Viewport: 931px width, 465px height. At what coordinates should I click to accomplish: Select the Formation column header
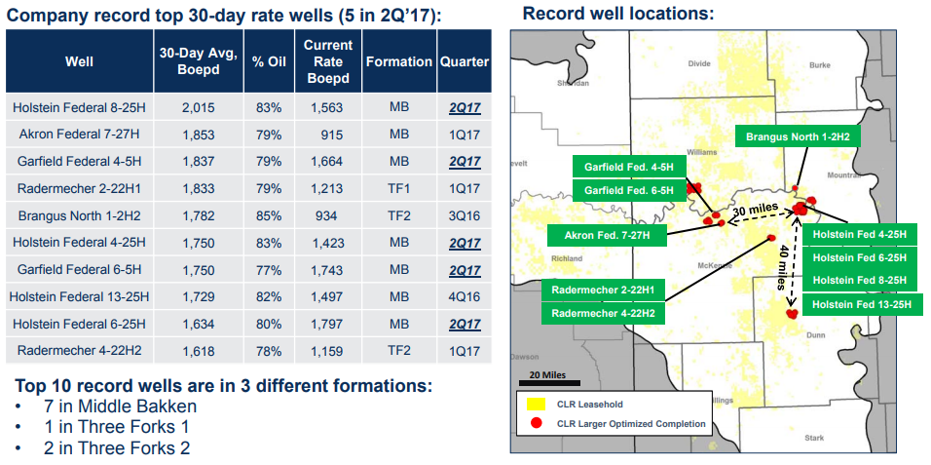click(398, 61)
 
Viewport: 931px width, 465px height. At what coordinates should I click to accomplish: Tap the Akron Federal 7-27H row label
click(79, 135)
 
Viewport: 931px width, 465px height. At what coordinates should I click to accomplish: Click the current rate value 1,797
click(327, 324)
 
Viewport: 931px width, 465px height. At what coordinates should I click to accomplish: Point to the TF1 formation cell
click(398, 188)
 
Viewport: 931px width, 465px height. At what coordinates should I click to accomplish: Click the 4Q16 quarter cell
click(464, 296)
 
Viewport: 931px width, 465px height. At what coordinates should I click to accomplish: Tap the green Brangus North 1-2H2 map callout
click(798, 137)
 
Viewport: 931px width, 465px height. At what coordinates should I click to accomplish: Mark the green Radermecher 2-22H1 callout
click(603, 290)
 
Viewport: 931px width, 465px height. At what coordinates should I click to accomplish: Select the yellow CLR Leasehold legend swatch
click(535, 404)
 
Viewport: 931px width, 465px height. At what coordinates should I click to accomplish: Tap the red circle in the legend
click(535, 423)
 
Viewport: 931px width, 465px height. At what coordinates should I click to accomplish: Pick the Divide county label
click(699, 63)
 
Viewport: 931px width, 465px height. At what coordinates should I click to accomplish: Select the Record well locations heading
click(618, 14)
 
